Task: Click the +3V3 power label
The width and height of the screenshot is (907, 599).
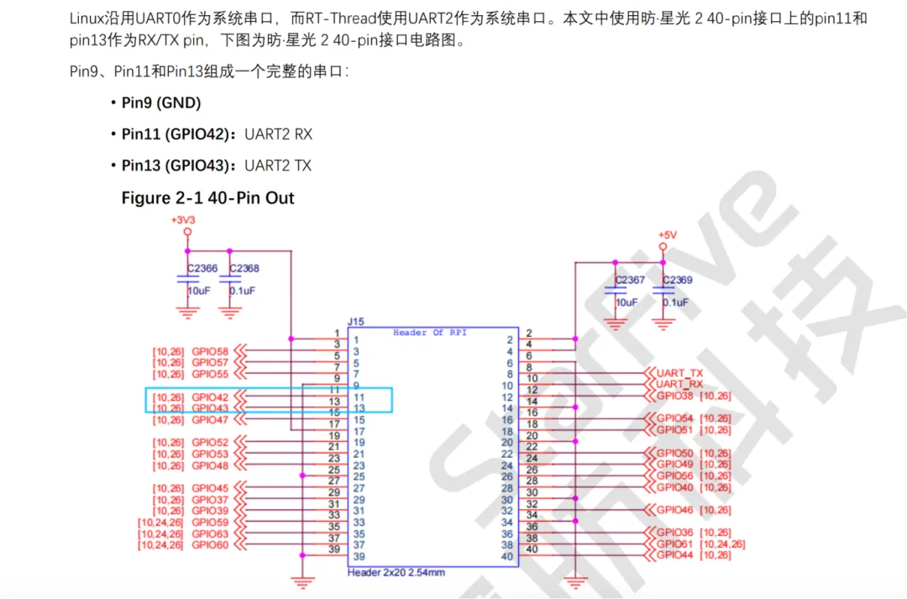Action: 183,219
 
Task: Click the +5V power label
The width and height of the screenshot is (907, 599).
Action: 667,234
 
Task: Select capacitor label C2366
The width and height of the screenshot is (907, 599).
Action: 202,269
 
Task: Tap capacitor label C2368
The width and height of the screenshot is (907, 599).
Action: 244,269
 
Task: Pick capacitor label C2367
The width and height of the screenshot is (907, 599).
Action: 630,280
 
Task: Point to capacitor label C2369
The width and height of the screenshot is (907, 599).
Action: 678,280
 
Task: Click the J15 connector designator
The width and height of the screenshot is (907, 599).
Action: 355,322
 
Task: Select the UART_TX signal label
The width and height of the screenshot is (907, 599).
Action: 679,372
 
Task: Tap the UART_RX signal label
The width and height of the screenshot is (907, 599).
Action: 679,384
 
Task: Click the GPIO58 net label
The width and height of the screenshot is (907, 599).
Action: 210,351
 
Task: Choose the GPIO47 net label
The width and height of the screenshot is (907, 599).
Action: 210,419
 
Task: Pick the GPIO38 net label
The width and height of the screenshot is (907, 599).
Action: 675,396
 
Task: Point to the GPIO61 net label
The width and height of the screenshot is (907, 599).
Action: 675,544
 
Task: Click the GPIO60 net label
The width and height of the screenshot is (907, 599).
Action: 210,545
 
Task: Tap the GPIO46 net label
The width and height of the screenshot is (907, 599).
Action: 675,510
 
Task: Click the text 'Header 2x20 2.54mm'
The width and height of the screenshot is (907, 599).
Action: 396,572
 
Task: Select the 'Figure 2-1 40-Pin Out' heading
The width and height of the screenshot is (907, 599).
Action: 207,198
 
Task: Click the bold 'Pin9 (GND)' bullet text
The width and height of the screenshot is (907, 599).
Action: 161,102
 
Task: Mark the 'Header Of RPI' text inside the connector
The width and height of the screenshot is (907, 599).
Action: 430,333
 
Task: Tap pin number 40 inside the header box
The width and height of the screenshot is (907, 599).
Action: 506,556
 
